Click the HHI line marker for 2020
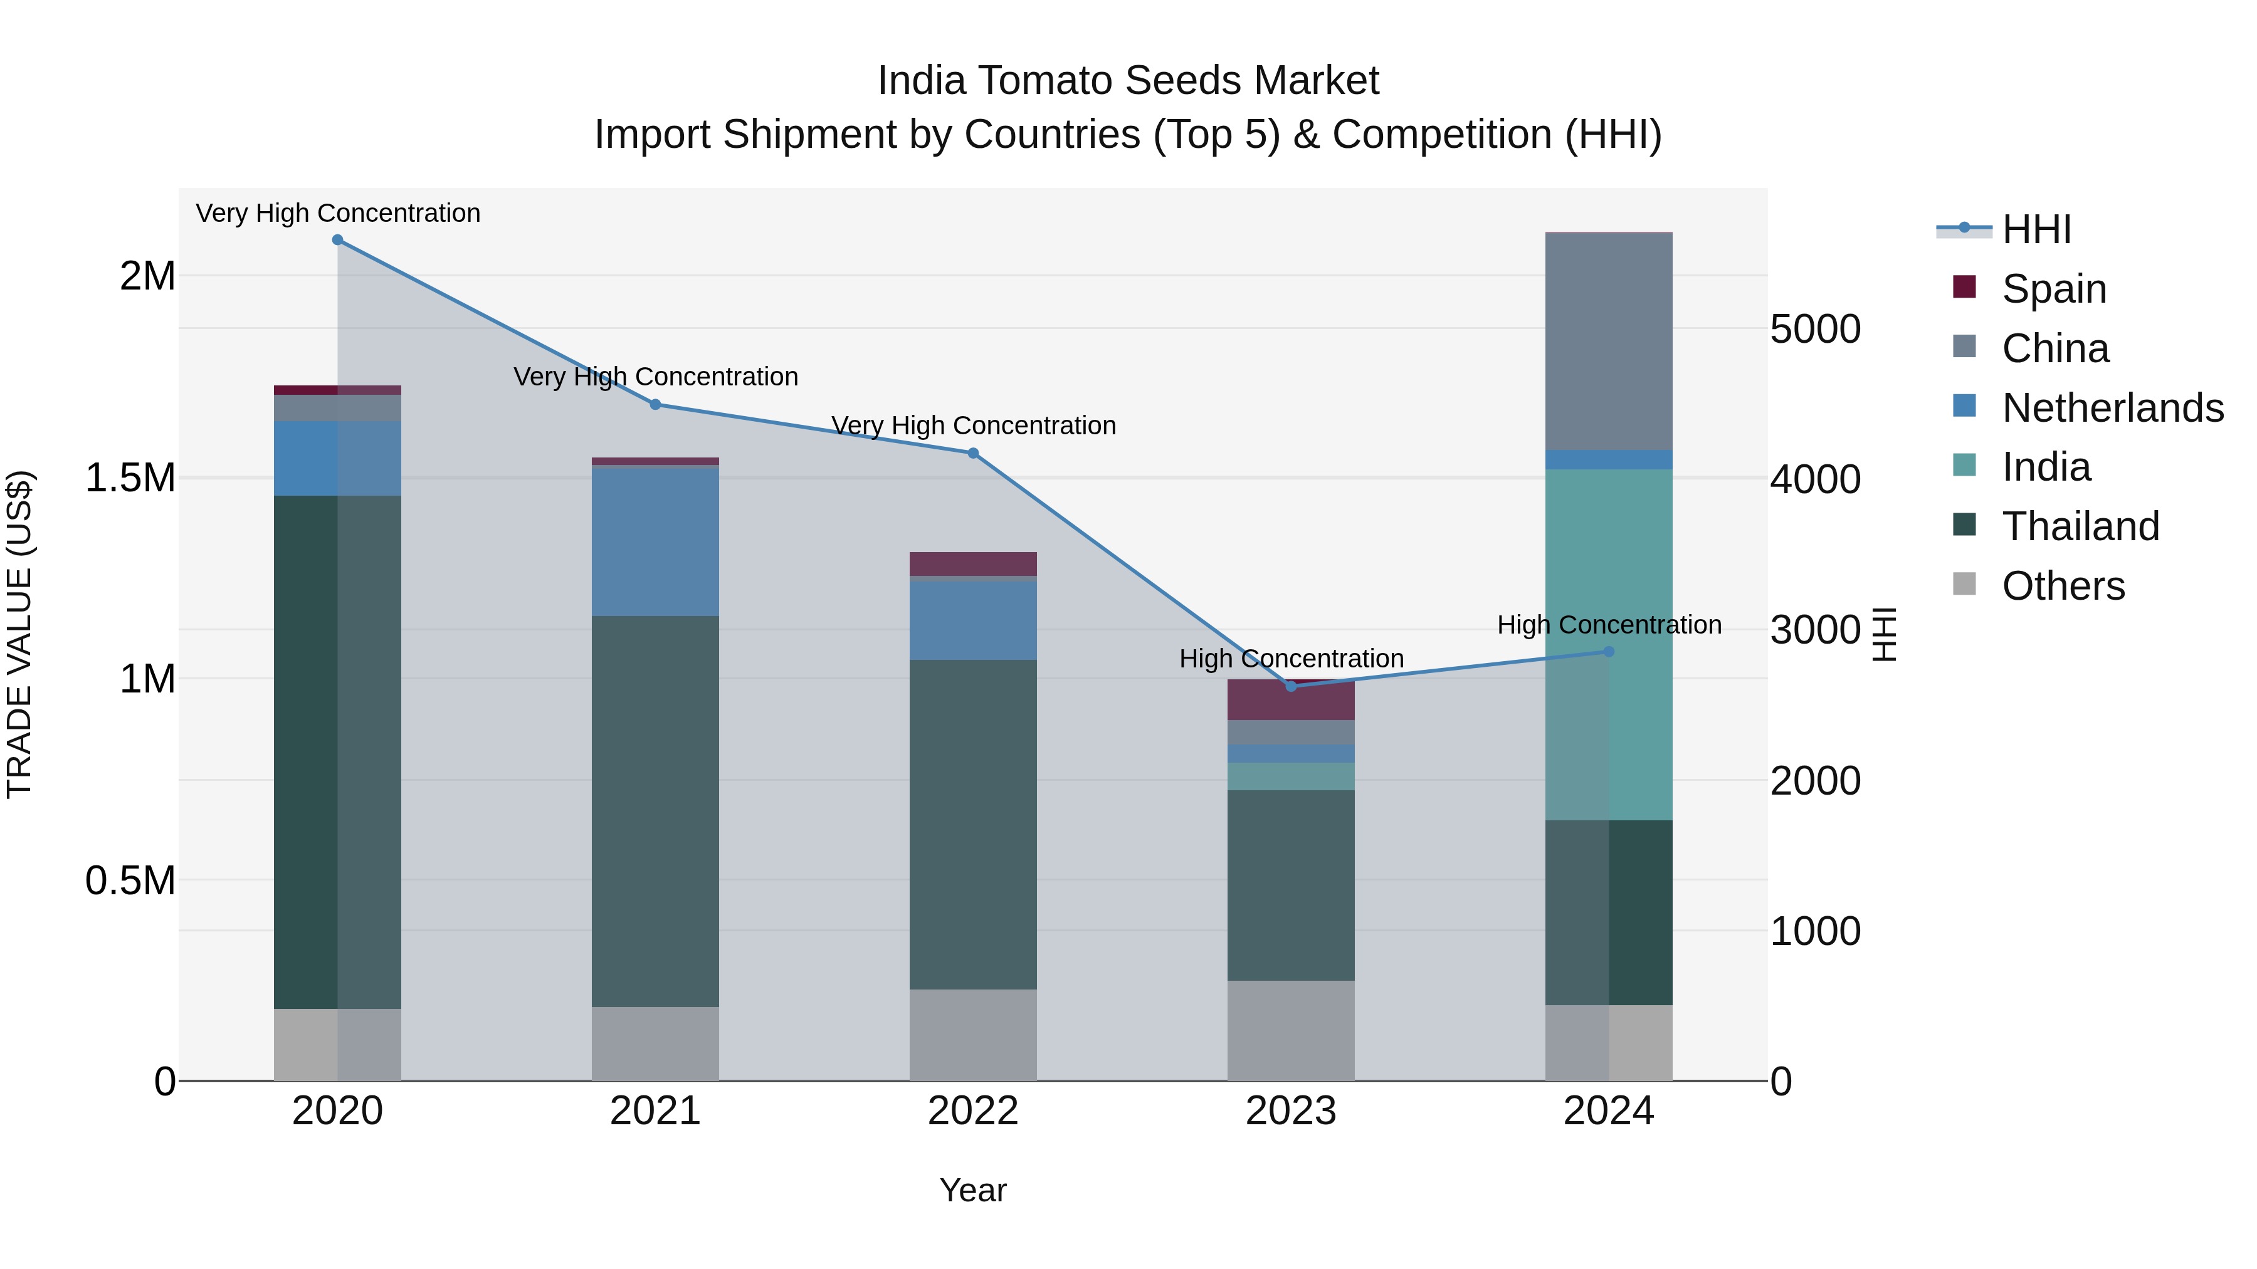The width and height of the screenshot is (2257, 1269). pos(337,240)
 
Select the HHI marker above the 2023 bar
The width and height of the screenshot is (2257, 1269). pos(1291,686)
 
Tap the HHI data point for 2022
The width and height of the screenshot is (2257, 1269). pos(972,454)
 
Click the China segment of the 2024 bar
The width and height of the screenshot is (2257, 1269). pos(1609,342)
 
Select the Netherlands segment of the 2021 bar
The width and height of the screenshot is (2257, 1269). pos(655,541)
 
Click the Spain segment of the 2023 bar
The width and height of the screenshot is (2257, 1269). pos(1291,701)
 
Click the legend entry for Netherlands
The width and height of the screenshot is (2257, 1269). pos(2112,408)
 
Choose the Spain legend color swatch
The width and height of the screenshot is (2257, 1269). pos(1964,287)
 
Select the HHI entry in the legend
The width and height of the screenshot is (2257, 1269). pos(2036,229)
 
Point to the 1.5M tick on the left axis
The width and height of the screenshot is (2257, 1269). pos(130,478)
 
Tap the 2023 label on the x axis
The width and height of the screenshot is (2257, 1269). pos(1291,1111)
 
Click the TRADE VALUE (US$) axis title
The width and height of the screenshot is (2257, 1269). pos(19,634)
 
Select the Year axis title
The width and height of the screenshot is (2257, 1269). pos(972,1190)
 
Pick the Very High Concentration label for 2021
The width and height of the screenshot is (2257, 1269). pos(655,377)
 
